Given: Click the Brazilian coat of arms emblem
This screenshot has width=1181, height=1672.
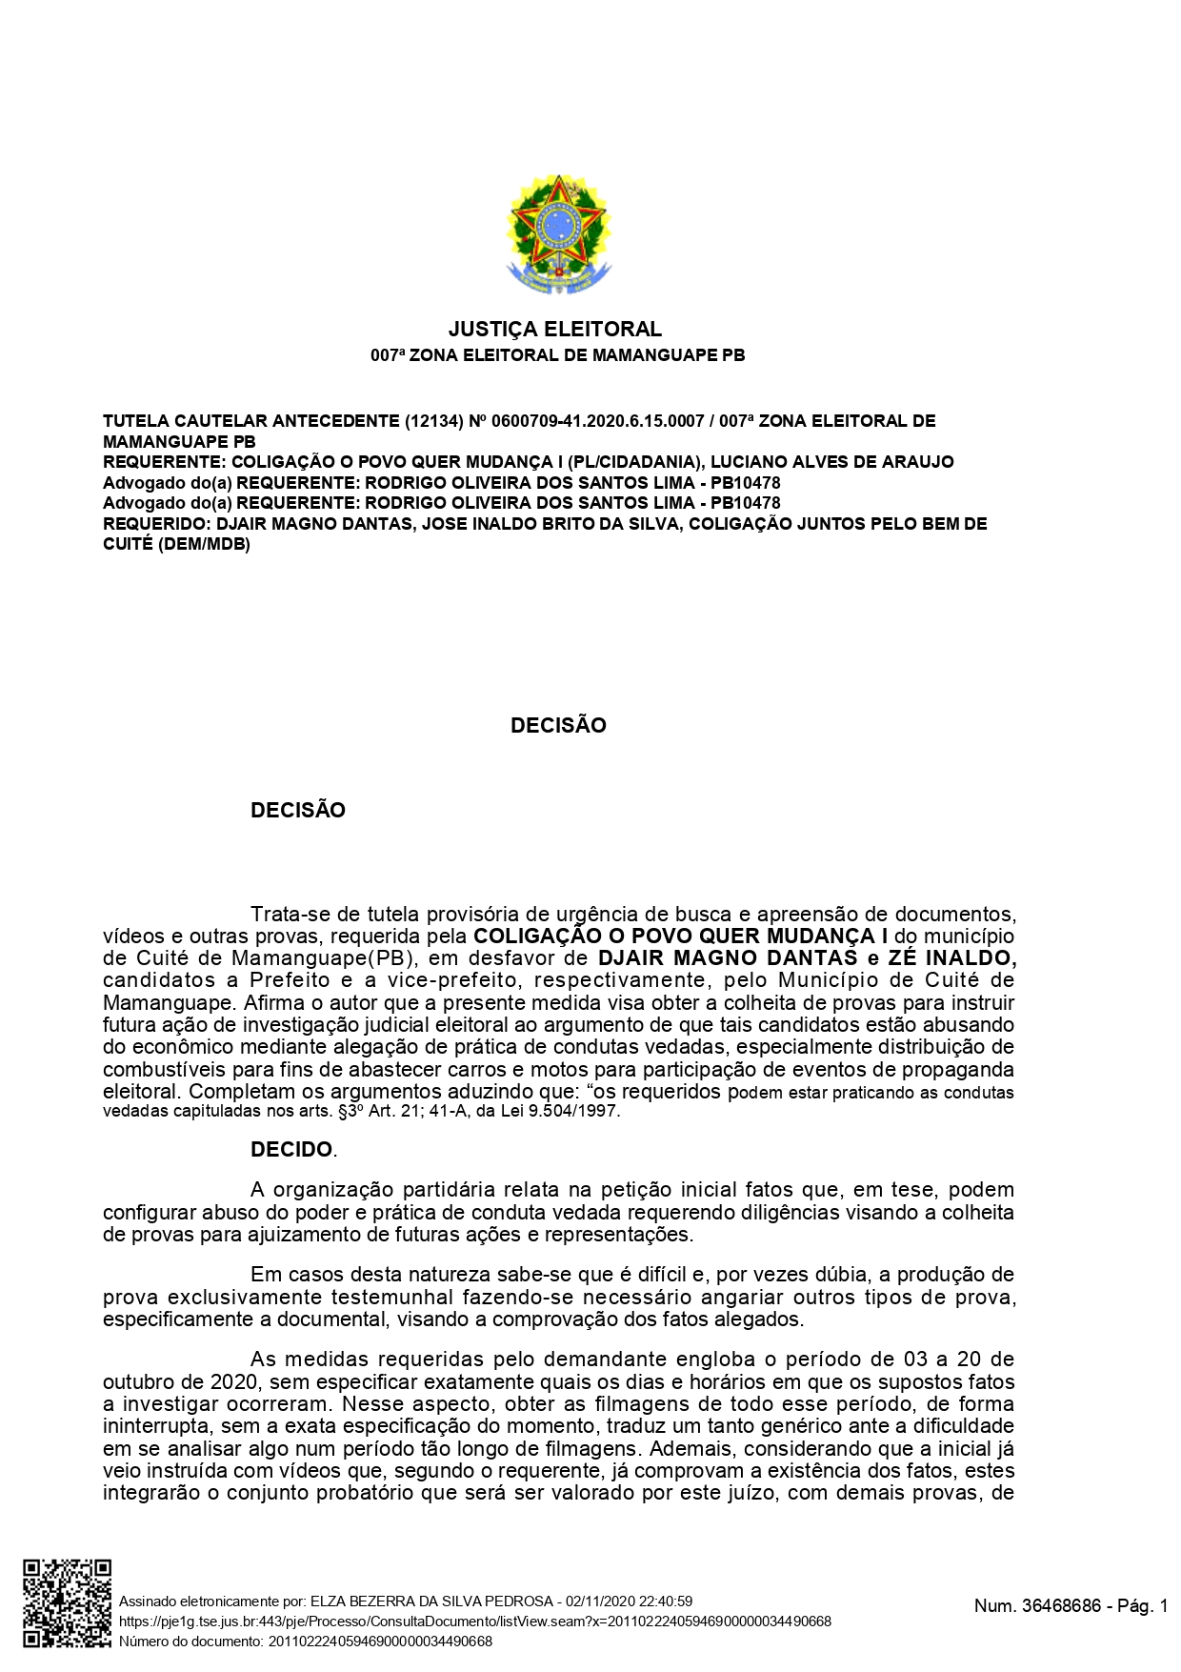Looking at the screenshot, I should pyautogui.click(x=558, y=234).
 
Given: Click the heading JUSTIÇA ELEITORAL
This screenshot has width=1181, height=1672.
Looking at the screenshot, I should pyautogui.click(x=555, y=330).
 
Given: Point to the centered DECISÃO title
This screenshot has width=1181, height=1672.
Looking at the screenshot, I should pyautogui.click(x=558, y=725).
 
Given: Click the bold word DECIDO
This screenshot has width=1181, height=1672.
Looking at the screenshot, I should pyautogui.click(x=291, y=1150).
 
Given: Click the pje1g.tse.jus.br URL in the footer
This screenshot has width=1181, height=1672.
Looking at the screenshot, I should pyautogui.click(x=474, y=1622).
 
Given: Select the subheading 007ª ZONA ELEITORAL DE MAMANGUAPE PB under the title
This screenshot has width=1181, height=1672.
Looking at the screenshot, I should pyautogui.click(x=557, y=355).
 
